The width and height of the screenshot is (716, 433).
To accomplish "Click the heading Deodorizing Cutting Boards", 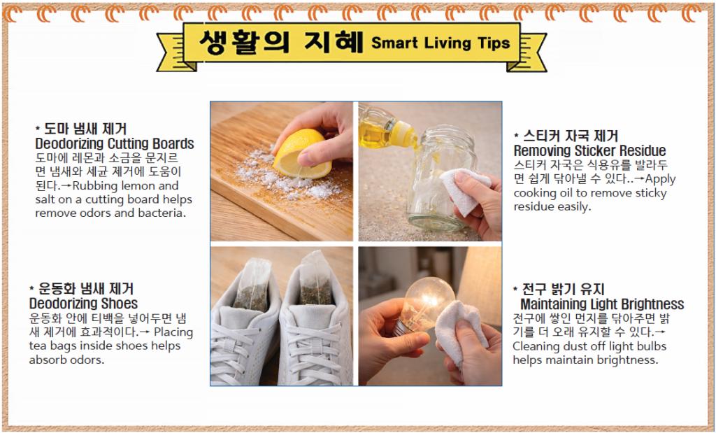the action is point(115,143).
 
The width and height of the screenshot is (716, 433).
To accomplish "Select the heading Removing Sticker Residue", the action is point(589,150).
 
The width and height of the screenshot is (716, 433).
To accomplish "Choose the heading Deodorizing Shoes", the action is point(84,304).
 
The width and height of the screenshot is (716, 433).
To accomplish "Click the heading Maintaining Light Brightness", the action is point(602,304).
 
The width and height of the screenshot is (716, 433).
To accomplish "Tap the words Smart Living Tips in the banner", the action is point(441,43).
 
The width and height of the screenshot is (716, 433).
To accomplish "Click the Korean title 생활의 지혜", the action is point(281,42).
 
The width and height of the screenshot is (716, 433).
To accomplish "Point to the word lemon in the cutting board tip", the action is point(138,186).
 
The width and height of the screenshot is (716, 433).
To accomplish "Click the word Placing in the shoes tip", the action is point(173,332).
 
